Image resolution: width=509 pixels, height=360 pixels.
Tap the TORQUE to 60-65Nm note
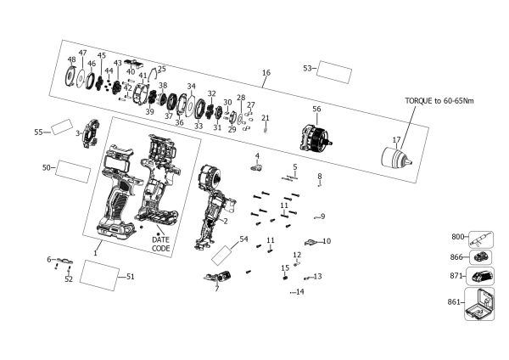tap(439, 101)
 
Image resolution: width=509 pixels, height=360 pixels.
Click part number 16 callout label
tap(266, 72)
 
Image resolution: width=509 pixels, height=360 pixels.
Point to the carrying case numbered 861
tap(479, 304)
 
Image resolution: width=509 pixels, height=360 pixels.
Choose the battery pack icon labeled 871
tap(480, 276)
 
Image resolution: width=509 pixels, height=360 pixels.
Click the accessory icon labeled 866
tap(480, 257)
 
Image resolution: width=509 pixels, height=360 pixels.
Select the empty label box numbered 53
tap(334, 72)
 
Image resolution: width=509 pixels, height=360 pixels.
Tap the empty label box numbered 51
tap(99, 275)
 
